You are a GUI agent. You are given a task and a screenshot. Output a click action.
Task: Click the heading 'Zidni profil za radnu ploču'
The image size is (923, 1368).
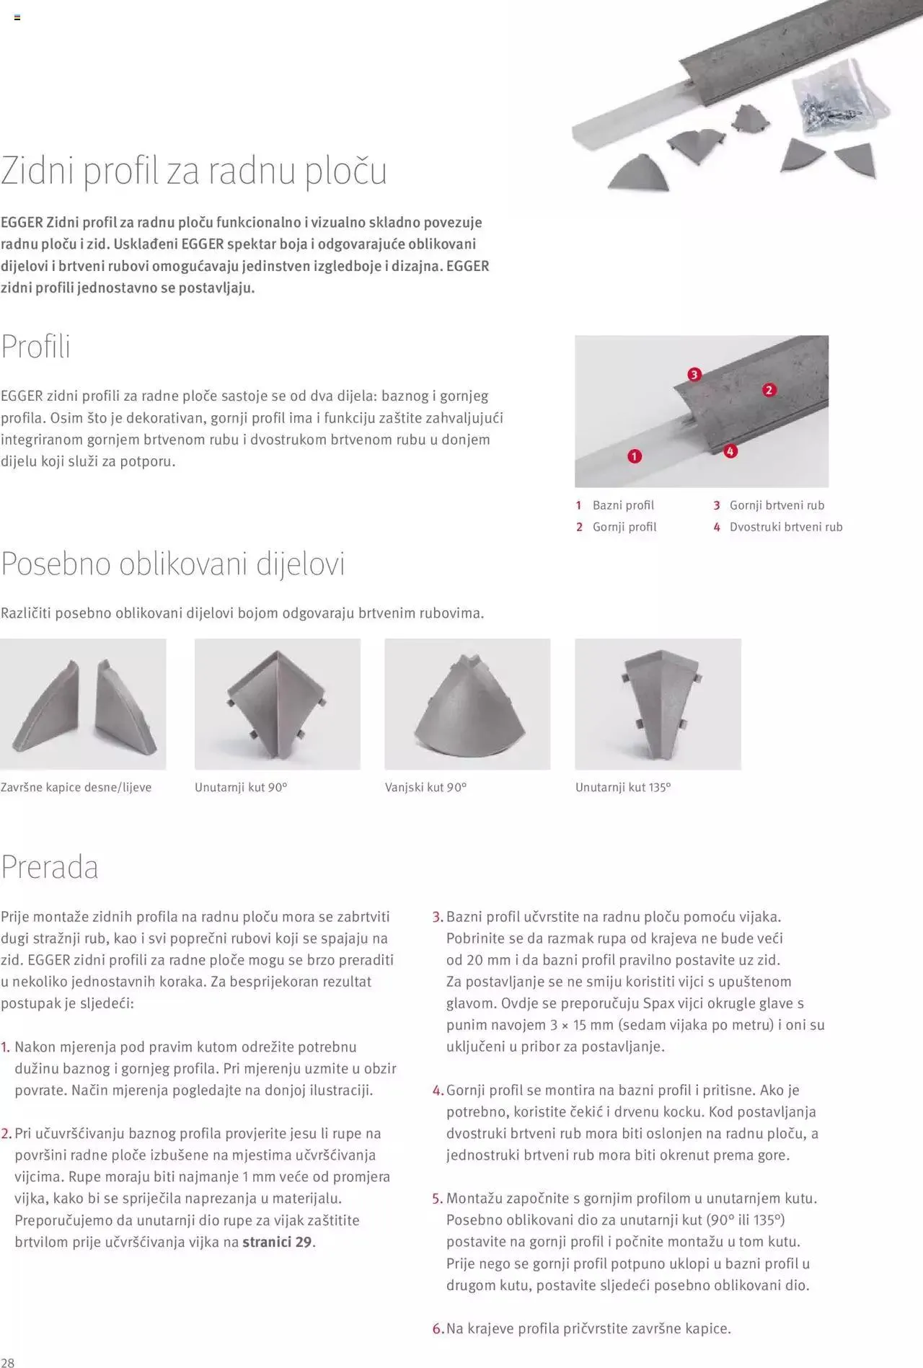click(193, 172)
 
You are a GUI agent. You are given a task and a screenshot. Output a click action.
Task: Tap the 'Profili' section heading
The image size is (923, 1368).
click(35, 347)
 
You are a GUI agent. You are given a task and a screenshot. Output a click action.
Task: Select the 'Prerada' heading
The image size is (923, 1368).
click(50, 866)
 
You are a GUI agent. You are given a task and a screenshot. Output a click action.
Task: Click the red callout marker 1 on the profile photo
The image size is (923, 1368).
click(635, 456)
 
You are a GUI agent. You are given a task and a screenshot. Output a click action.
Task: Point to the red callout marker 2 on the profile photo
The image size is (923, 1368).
click(769, 390)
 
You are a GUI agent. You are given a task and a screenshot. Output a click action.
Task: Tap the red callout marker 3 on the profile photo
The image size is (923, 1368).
click(694, 374)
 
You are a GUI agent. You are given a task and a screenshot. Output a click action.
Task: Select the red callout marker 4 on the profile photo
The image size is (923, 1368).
click(730, 451)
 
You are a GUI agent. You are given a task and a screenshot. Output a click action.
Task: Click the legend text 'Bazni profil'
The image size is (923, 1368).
click(623, 505)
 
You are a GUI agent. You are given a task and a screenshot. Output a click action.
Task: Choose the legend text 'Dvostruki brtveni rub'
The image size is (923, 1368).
click(785, 527)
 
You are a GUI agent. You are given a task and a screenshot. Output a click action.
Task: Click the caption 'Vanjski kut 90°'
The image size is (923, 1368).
click(425, 787)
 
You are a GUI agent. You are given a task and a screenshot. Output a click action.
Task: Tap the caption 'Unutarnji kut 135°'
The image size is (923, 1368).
click(623, 787)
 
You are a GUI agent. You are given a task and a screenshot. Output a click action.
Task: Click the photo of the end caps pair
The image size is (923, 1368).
click(83, 704)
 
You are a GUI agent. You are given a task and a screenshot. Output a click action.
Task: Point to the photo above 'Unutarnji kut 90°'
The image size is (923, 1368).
click(278, 704)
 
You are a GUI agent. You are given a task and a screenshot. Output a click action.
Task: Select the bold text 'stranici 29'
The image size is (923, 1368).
click(278, 1242)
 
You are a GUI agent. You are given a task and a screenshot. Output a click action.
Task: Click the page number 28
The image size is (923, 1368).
click(7, 1362)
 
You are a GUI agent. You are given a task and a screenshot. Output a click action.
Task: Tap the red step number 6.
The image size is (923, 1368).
click(437, 1328)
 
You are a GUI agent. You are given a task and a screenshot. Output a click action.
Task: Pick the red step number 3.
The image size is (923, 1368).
click(437, 918)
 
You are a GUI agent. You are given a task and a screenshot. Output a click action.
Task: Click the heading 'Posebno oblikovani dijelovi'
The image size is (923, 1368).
click(173, 564)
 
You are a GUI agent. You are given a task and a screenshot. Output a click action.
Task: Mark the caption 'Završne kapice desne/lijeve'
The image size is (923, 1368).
click(76, 787)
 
